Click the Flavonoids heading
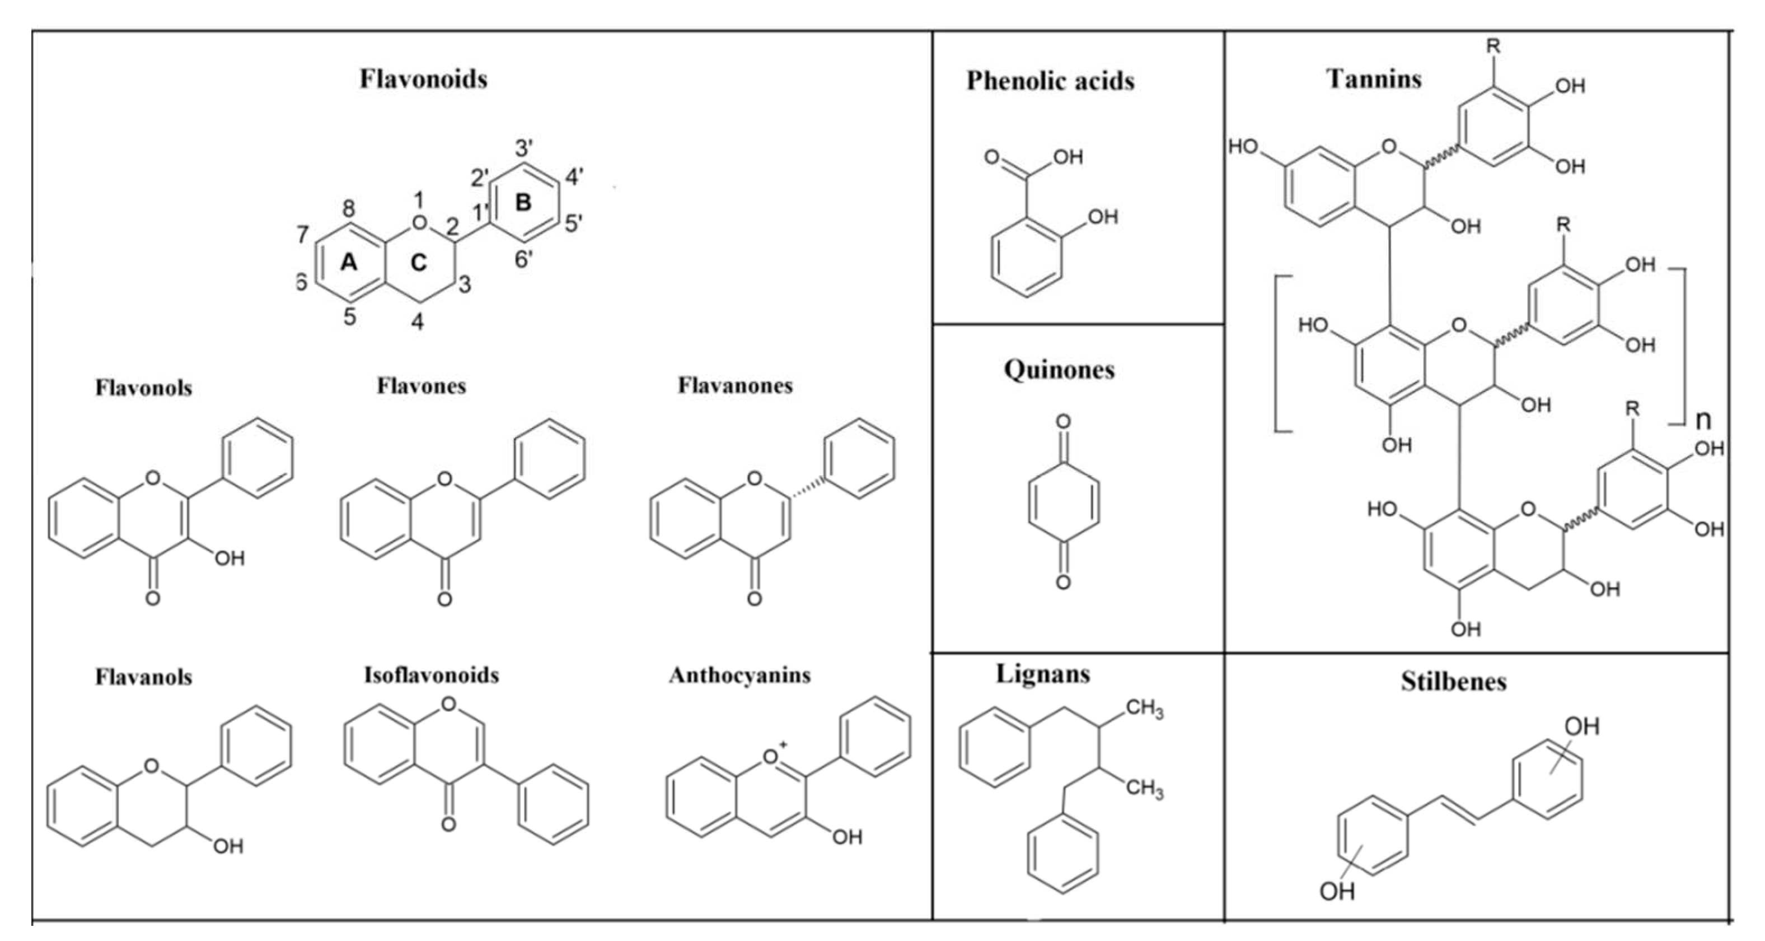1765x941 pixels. [423, 79]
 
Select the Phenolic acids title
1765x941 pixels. [1050, 81]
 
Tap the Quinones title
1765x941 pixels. [1059, 370]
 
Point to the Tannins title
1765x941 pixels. [1374, 79]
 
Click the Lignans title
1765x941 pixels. [1042, 674]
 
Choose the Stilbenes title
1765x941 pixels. [1453, 681]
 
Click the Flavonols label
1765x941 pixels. [143, 388]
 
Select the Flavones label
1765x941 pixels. [421, 386]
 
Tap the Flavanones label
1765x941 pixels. [734, 386]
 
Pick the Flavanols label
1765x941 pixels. [143, 678]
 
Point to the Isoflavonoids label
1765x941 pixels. [431, 675]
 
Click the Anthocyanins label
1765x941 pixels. [739, 676]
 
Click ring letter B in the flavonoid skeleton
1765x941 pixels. [523, 202]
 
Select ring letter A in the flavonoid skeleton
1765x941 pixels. [349, 262]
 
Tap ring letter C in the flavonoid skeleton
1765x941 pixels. [418, 262]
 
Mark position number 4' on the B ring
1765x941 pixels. [574, 177]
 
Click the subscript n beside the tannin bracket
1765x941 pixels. [1703, 420]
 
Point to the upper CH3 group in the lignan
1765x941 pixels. [1144, 708]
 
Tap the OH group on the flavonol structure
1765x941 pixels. [230, 558]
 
